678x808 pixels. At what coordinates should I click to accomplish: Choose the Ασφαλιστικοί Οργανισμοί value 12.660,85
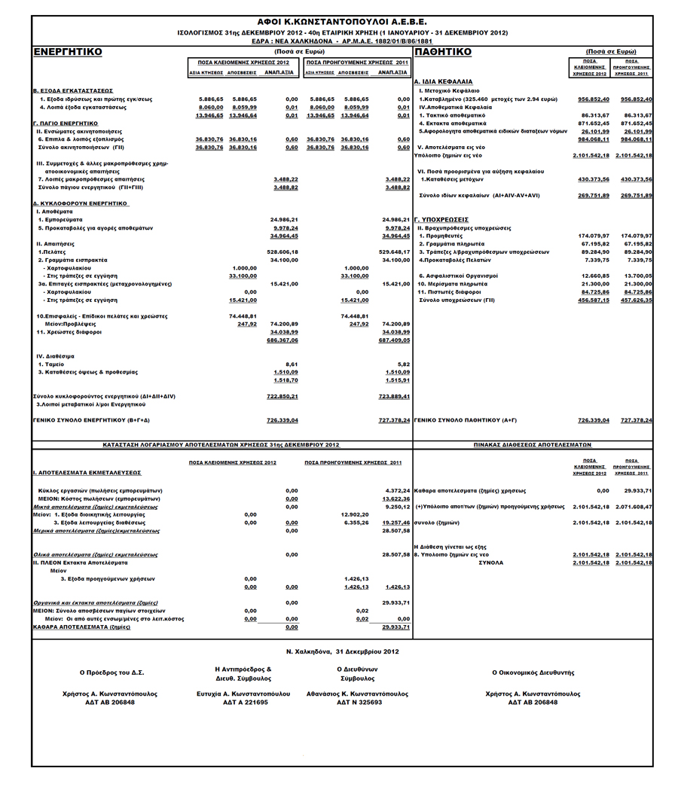pos(593,276)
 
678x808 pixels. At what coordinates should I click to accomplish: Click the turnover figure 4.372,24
pos(396,490)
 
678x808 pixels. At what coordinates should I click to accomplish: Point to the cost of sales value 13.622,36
pos(396,499)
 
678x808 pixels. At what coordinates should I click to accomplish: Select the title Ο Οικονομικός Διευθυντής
pos(533,671)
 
